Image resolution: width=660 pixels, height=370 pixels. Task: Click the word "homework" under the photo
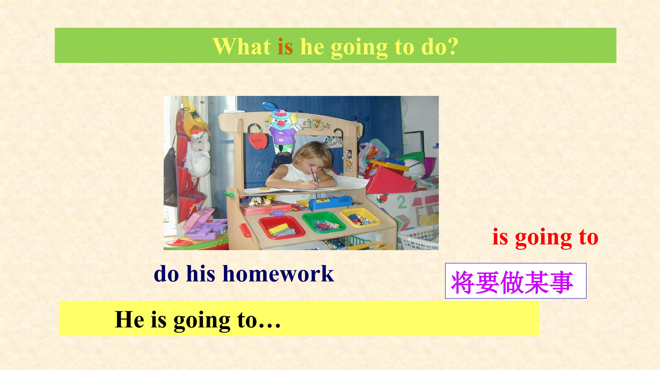278,273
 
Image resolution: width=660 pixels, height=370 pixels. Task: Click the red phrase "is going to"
545,237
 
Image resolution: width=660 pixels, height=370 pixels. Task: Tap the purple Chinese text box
516,281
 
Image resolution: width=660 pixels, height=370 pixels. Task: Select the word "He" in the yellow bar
129,319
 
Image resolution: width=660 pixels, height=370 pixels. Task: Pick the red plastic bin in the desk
281,227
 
